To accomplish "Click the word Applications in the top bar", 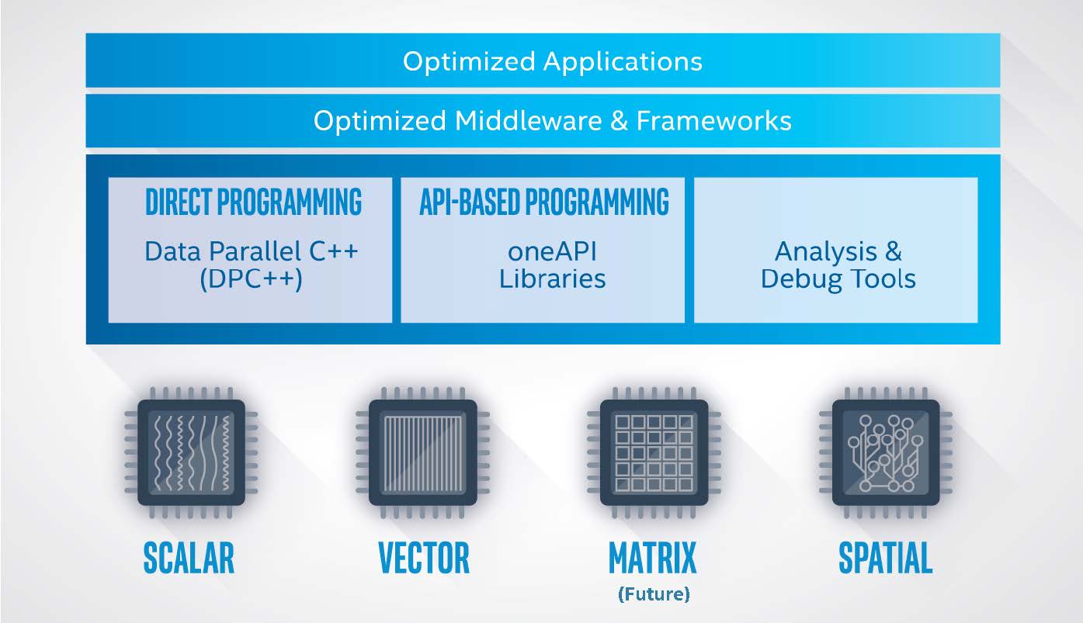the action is (623, 62).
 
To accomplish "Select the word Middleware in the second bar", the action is (528, 120).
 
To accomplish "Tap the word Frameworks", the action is (713, 120).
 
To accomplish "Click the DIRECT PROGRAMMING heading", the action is (253, 201).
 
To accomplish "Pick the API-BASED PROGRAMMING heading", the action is (544, 201).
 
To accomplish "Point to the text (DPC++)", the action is (252, 279).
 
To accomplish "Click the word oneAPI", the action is (552, 251).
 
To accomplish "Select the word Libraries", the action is (552, 279).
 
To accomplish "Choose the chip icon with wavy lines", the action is (191, 452).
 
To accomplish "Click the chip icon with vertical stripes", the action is (422, 452).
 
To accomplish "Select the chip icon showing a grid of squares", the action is (654, 452).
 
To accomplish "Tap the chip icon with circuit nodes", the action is (885, 452).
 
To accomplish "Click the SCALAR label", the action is (189, 558).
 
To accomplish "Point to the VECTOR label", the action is (424, 558).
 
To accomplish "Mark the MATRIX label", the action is (653, 558).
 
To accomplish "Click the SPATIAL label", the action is (885, 558).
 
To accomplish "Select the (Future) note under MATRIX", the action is (654, 594).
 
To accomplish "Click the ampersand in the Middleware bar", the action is (619, 120).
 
